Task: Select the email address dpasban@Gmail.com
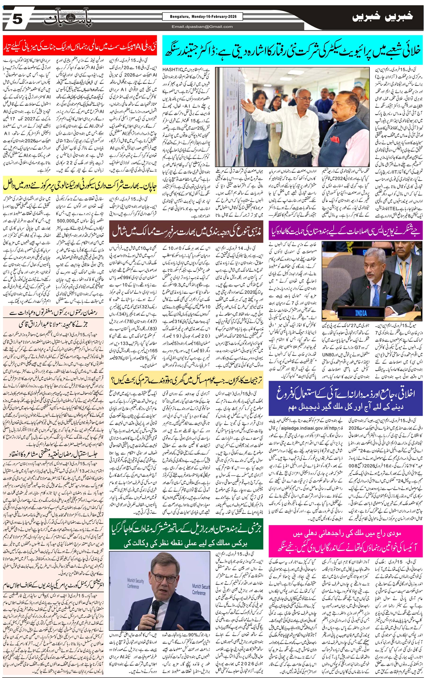click(202, 27)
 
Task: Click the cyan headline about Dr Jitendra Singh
click(293, 50)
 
